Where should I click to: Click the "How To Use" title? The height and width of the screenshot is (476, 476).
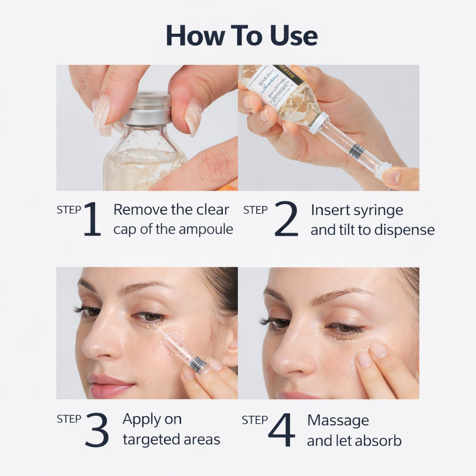pyautogui.click(x=242, y=36)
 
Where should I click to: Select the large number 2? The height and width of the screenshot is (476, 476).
pyautogui.click(x=286, y=219)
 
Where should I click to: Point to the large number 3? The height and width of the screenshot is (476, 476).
pyautogui.click(x=97, y=430)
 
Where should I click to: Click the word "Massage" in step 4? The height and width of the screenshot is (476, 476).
pyautogui.click(x=338, y=420)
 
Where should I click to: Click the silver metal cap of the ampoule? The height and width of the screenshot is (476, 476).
pyautogui.click(x=145, y=107)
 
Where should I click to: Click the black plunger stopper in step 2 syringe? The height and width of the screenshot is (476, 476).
pyautogui.click(x=357, y=151)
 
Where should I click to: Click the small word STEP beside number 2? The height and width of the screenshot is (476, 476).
pyautogui.click(x=255, y=210)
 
